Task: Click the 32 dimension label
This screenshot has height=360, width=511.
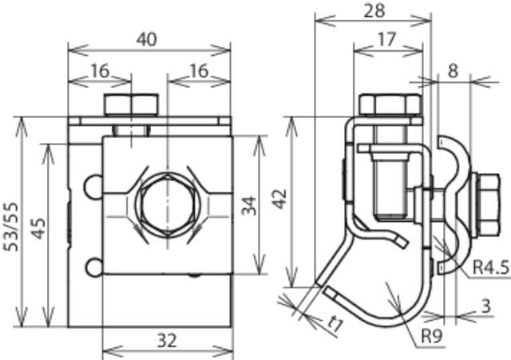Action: point(166,341)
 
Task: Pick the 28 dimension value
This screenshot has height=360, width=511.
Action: point(372,10)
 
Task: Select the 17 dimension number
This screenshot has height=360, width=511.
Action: point(386,38)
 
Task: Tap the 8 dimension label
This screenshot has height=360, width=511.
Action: point(454,70)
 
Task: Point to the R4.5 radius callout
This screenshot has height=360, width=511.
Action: point(489,267)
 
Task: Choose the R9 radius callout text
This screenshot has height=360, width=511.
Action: point(431,336)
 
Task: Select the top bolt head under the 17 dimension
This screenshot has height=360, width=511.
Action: point(389,105)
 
